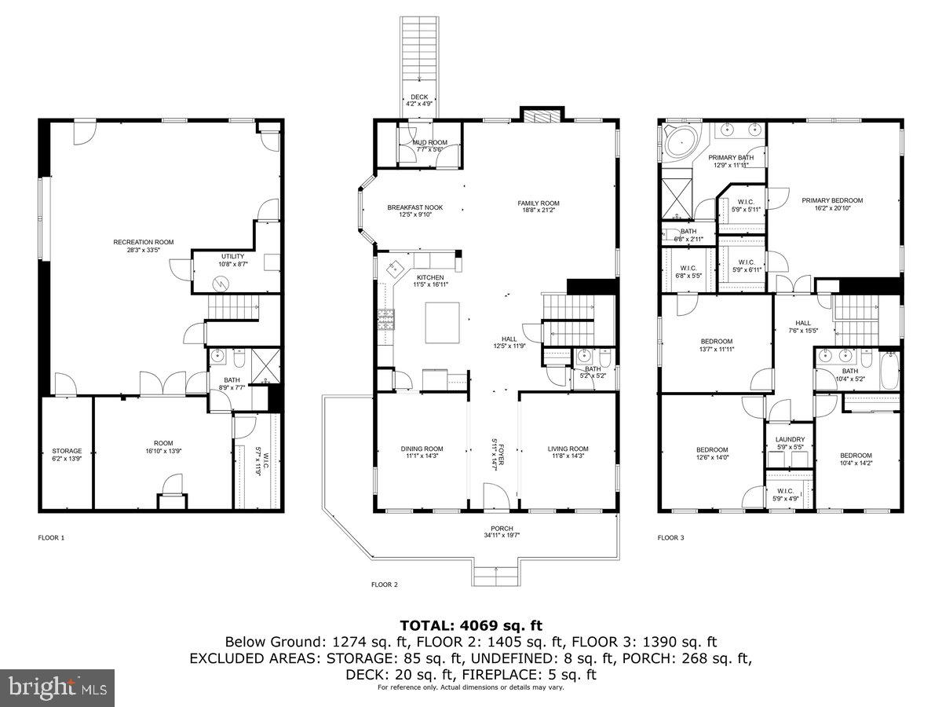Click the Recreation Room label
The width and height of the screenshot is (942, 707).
144,242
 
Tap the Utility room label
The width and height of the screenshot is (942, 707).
233,256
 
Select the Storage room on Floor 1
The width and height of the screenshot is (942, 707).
67,452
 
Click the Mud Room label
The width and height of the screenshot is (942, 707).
429,142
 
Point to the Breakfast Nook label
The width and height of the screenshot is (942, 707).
414,207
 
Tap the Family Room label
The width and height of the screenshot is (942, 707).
538,203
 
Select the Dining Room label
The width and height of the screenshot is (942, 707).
422,449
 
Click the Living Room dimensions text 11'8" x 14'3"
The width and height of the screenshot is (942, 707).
568,456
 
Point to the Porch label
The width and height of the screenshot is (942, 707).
502,528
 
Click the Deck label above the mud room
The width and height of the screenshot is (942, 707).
420,97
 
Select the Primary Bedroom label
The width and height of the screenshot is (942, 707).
832,200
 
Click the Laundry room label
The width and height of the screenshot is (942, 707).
789,440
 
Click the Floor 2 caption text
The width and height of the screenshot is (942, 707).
385,584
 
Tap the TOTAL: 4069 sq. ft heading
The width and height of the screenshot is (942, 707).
471,625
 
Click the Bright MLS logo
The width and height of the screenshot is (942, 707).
57,687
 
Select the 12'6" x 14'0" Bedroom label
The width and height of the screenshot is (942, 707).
712,449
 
